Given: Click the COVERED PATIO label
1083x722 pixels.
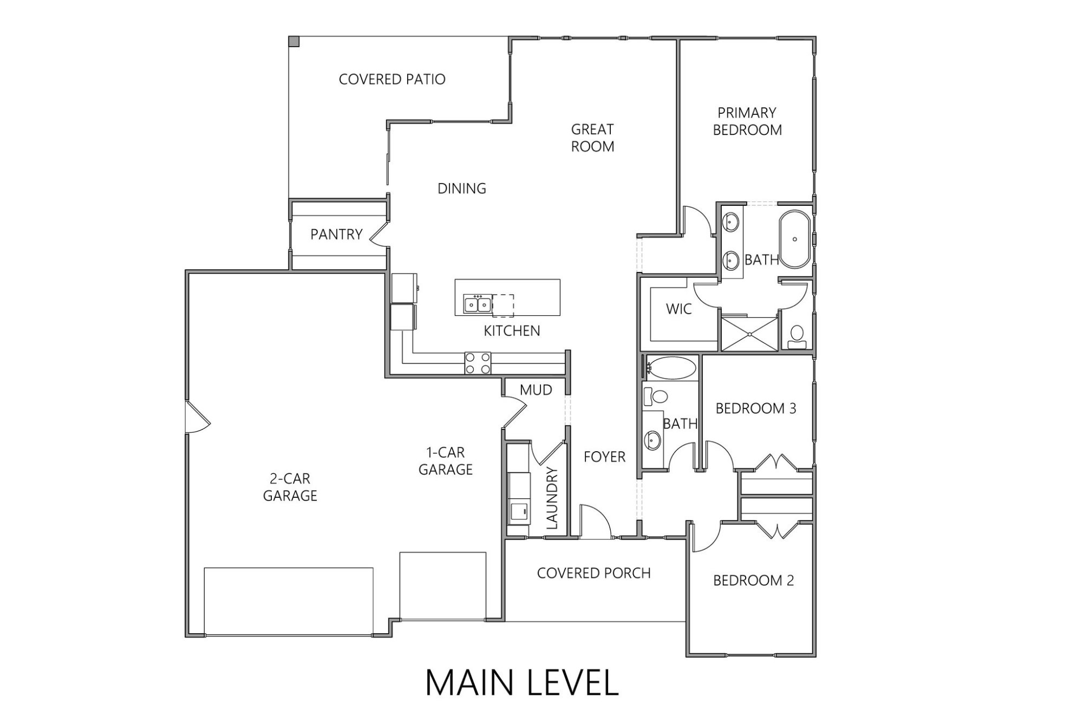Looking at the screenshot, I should (392, 79).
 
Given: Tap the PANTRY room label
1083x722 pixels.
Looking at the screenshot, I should (336, 234).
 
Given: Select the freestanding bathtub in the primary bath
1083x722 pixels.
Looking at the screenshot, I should (794, 239).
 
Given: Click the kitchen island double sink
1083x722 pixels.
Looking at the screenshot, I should (477, 305).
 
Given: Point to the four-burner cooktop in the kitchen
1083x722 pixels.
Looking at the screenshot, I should (478, 363).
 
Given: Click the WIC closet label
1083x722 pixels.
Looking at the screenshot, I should (678, 309).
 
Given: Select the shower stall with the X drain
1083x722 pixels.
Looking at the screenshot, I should (749, 334).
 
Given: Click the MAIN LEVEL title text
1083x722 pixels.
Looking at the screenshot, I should (521, 683).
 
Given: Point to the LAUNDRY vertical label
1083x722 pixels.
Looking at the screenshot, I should (552, 498).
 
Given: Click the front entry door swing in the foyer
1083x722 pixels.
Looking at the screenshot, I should (594, 522).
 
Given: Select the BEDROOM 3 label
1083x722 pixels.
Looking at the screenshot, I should (755, 408).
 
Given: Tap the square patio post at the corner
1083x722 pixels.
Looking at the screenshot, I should (293, 41).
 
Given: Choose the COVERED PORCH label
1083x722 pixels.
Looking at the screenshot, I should (593, 573).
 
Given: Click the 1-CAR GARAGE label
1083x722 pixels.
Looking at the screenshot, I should (445, 461).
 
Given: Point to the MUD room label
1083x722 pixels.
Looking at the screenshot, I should (536, 390).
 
